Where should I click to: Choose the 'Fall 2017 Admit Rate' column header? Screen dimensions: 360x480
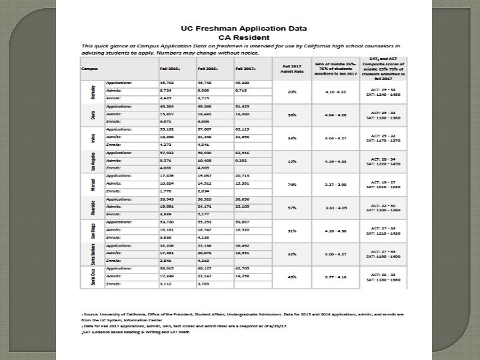coord(291,68)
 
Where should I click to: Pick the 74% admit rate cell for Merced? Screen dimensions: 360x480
coord(291,184)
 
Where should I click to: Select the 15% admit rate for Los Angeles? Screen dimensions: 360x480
coord(291,161)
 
